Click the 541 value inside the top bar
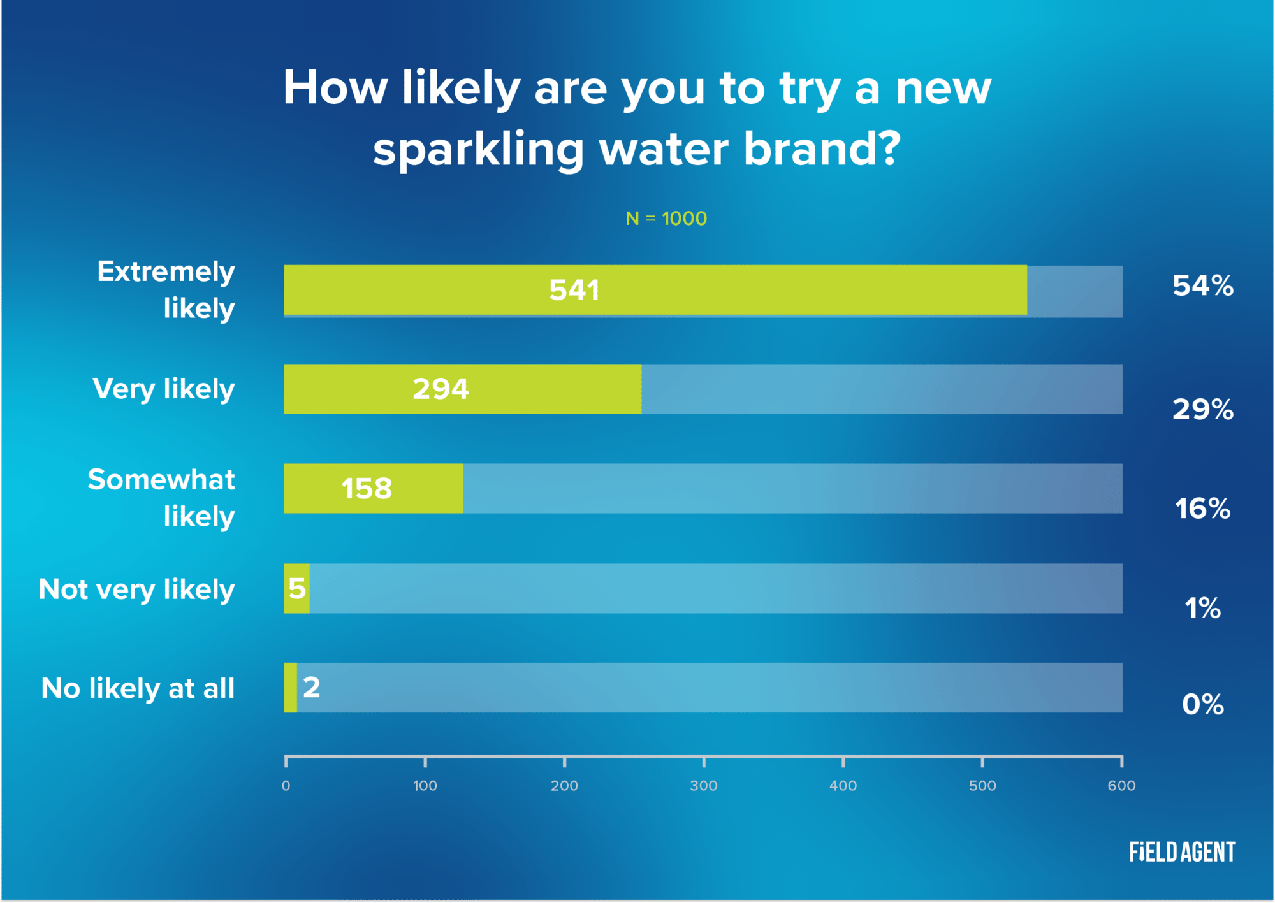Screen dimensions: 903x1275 click(574, 291)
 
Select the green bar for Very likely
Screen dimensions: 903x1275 click(462, 389)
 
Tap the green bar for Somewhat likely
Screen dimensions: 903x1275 click(373, 489)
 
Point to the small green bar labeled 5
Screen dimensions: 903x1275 click(297, 588)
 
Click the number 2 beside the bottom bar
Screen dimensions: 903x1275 click(311, 688)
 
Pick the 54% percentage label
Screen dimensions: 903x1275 click(1202, 285)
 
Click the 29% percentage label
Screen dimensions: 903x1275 click(1202, 409)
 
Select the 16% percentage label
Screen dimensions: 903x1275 click(1202, 509)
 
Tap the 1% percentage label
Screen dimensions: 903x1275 click(1202, 608)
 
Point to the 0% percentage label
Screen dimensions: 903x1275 click(1202, 704)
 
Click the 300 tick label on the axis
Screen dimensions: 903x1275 click(704, 786)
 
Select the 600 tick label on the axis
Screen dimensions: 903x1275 click(1121, 786)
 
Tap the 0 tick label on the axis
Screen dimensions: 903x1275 click(286, 786)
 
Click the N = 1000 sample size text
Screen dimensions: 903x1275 click(666, 219)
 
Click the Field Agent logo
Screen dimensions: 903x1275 click(1182, 852)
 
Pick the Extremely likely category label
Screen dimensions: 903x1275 click(166, 290)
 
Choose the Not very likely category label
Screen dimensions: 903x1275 click(137, 589)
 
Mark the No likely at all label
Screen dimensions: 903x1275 click(138, 689)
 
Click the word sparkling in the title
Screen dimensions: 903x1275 click(478, 150)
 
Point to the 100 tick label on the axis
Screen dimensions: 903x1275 click(425, 786)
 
